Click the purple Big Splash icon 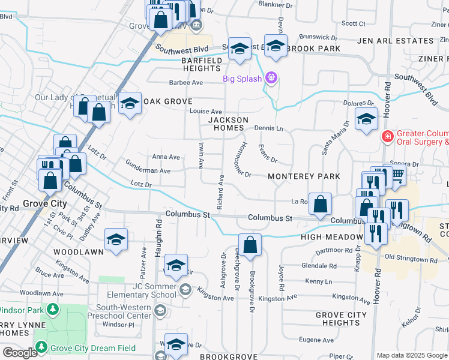(x=271, y=79)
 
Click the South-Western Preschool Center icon (x=160, y=311)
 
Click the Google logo (x=19, y=353)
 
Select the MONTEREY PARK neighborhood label (x=304, y=176)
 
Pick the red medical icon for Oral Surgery (x=388, y=137)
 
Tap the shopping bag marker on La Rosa (x=321, y=203)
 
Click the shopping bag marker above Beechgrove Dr (x=250, y=244)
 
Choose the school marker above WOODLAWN (x=116, y=239)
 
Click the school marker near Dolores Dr (x=366, y=118)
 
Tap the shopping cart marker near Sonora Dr (x=396, y=175)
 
